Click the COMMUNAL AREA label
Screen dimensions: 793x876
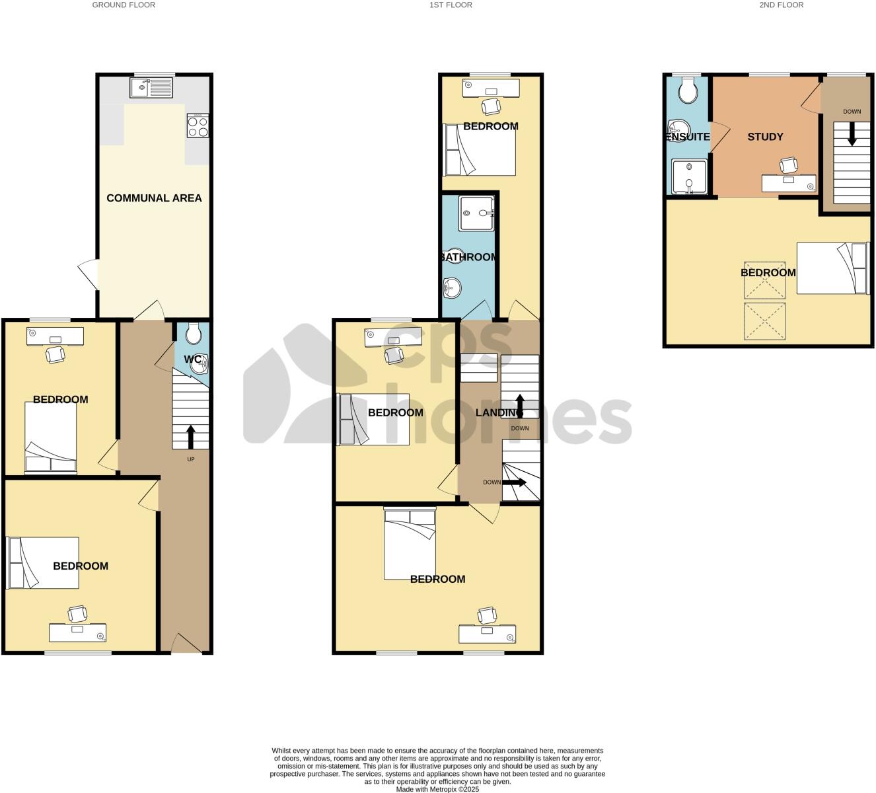tap(154, 198)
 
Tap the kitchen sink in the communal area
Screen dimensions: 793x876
tap(151, 87)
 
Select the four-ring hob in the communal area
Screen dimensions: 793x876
tap(198, 126)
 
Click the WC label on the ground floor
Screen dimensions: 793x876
tap(192, 359)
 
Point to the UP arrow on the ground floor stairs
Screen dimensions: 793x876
tap(191, 437)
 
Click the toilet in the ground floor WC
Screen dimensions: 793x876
tap(194, 334)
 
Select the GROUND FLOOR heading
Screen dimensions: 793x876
tap(124, 5)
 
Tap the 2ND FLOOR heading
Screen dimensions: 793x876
tap(781, 5)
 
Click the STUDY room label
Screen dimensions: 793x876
tap(765, 137)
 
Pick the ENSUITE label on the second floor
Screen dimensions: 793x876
tap(688, 137)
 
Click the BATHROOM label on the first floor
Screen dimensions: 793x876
tap(468, 257)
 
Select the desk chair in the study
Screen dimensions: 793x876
tap(789, 165)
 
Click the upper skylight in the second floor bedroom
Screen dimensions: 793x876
tap(765, 278)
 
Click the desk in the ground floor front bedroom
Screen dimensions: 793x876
tap(77, 632)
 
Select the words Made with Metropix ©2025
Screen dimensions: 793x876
tap(437, 789)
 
